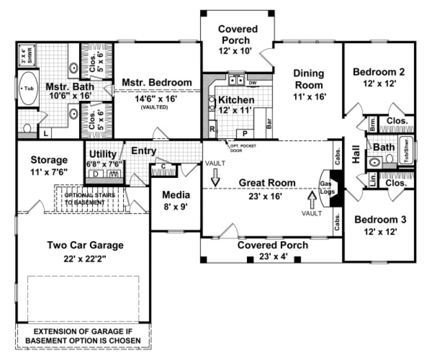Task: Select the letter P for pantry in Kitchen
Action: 245,133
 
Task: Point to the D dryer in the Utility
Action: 96,174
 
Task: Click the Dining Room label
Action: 308,79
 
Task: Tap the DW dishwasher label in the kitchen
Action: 252,82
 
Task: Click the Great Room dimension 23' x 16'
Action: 261,196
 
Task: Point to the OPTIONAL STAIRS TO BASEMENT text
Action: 90,198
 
